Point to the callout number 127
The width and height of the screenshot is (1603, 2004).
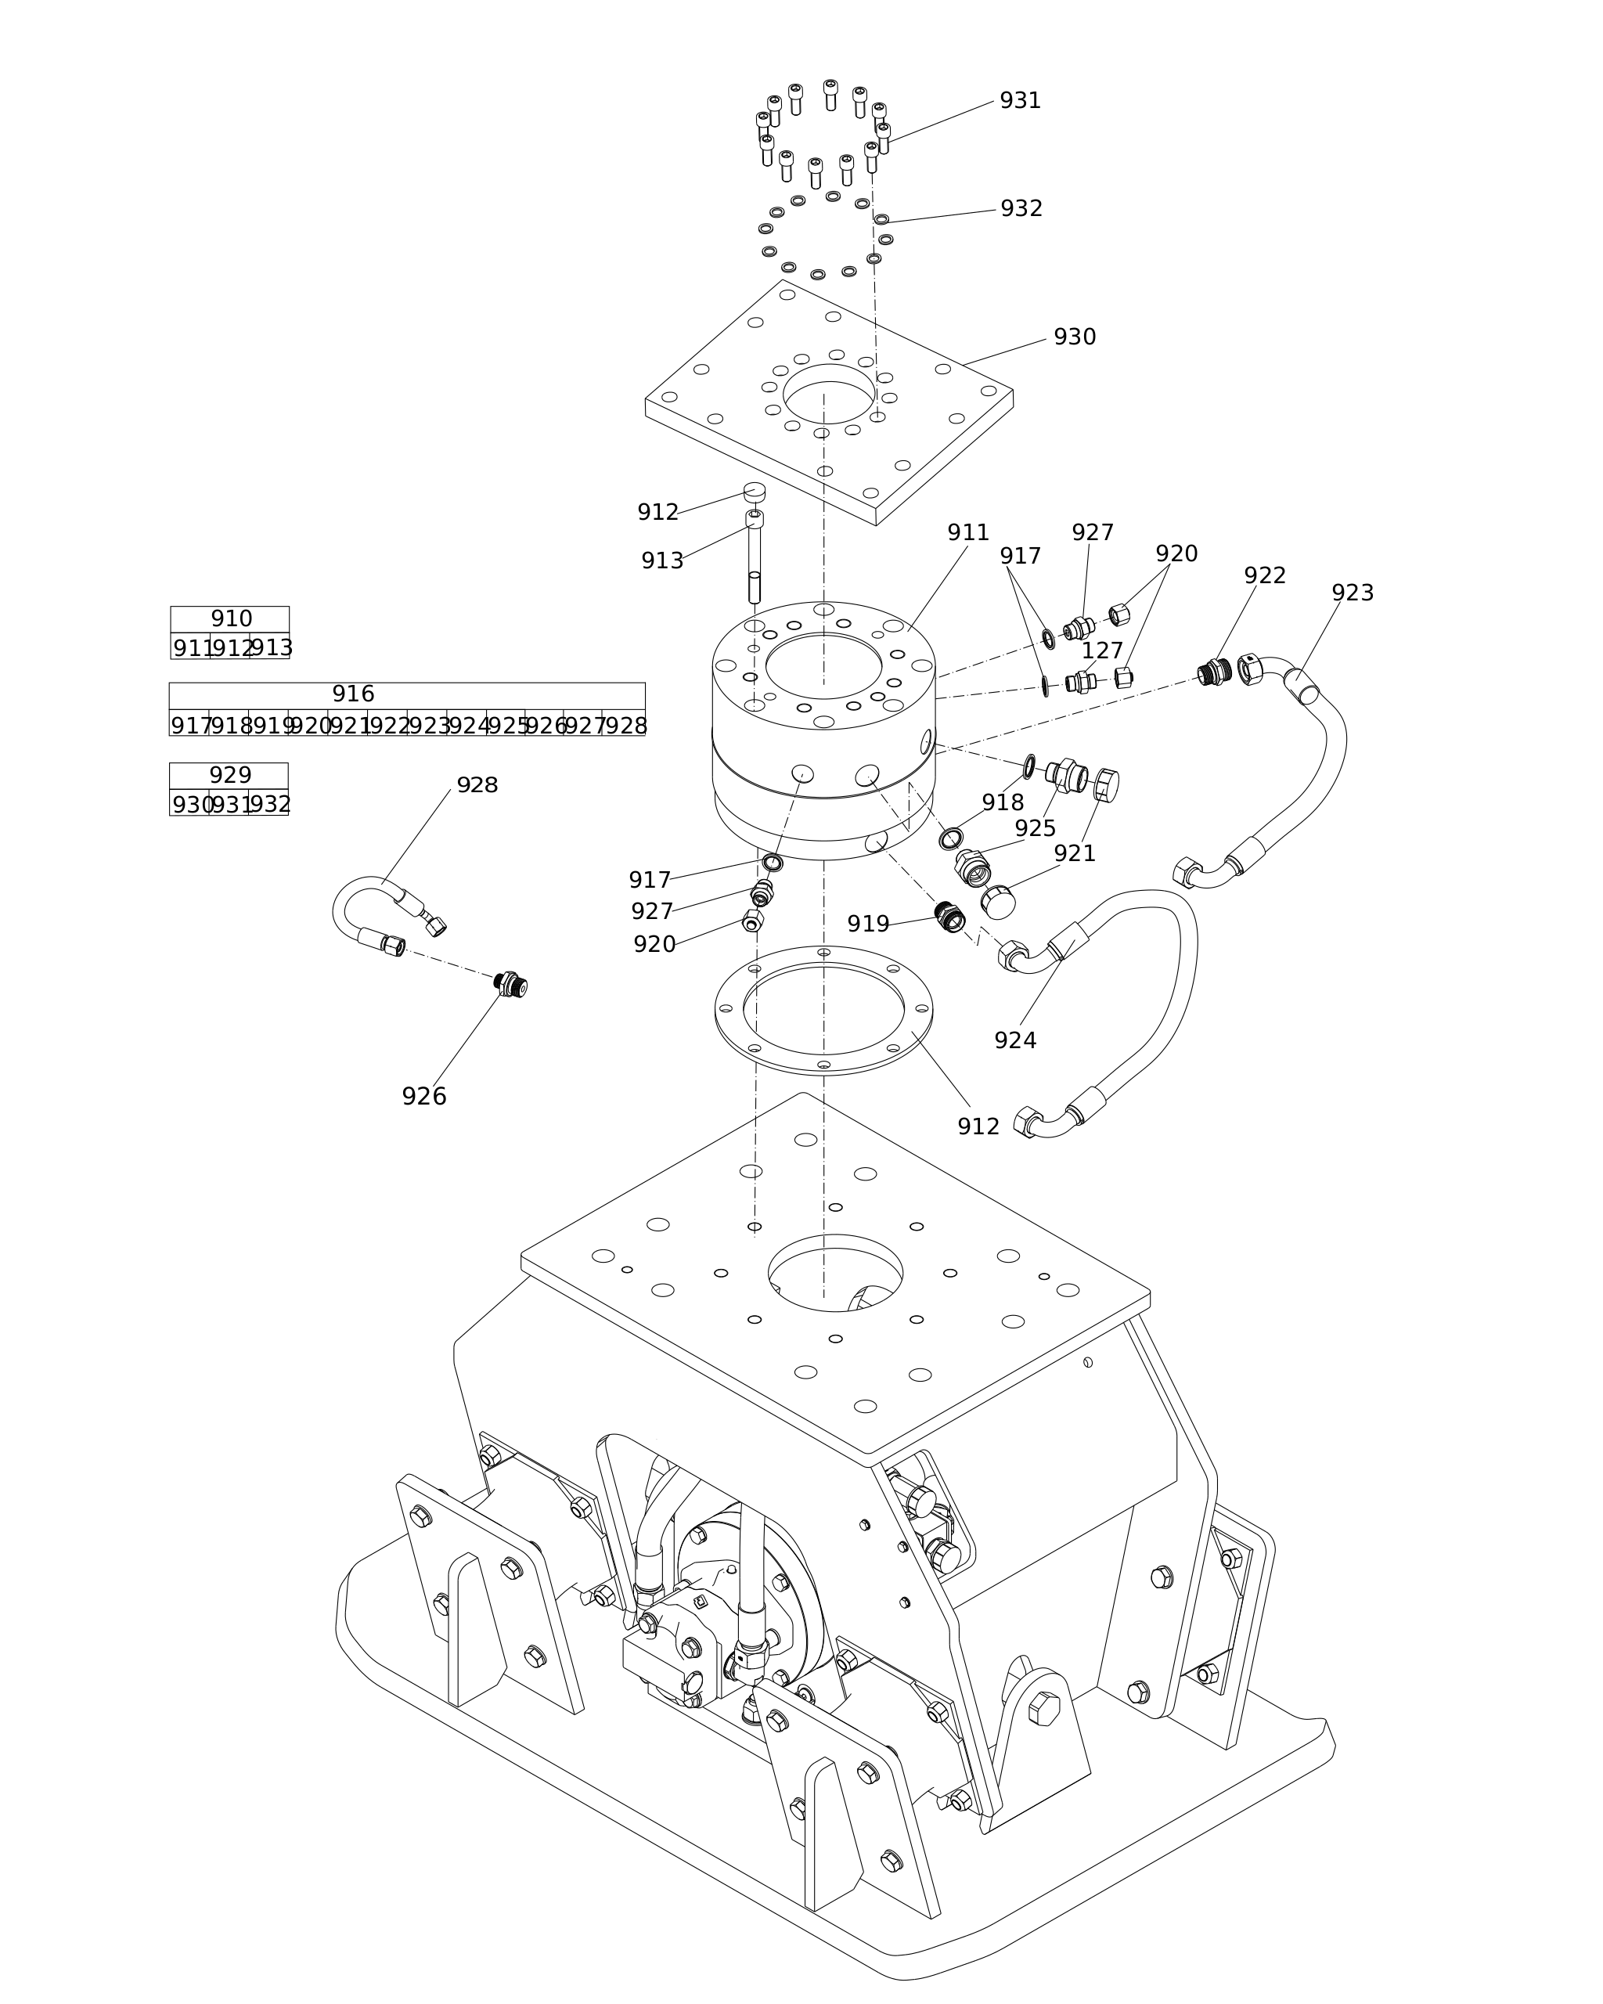point(1102,651)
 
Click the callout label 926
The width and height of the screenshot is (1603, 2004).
point(423,1097)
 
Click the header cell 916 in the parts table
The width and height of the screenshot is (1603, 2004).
point(353,694)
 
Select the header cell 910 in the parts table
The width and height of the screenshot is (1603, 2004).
point(230,619)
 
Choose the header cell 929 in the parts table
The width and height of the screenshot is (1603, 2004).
point(229,775)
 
